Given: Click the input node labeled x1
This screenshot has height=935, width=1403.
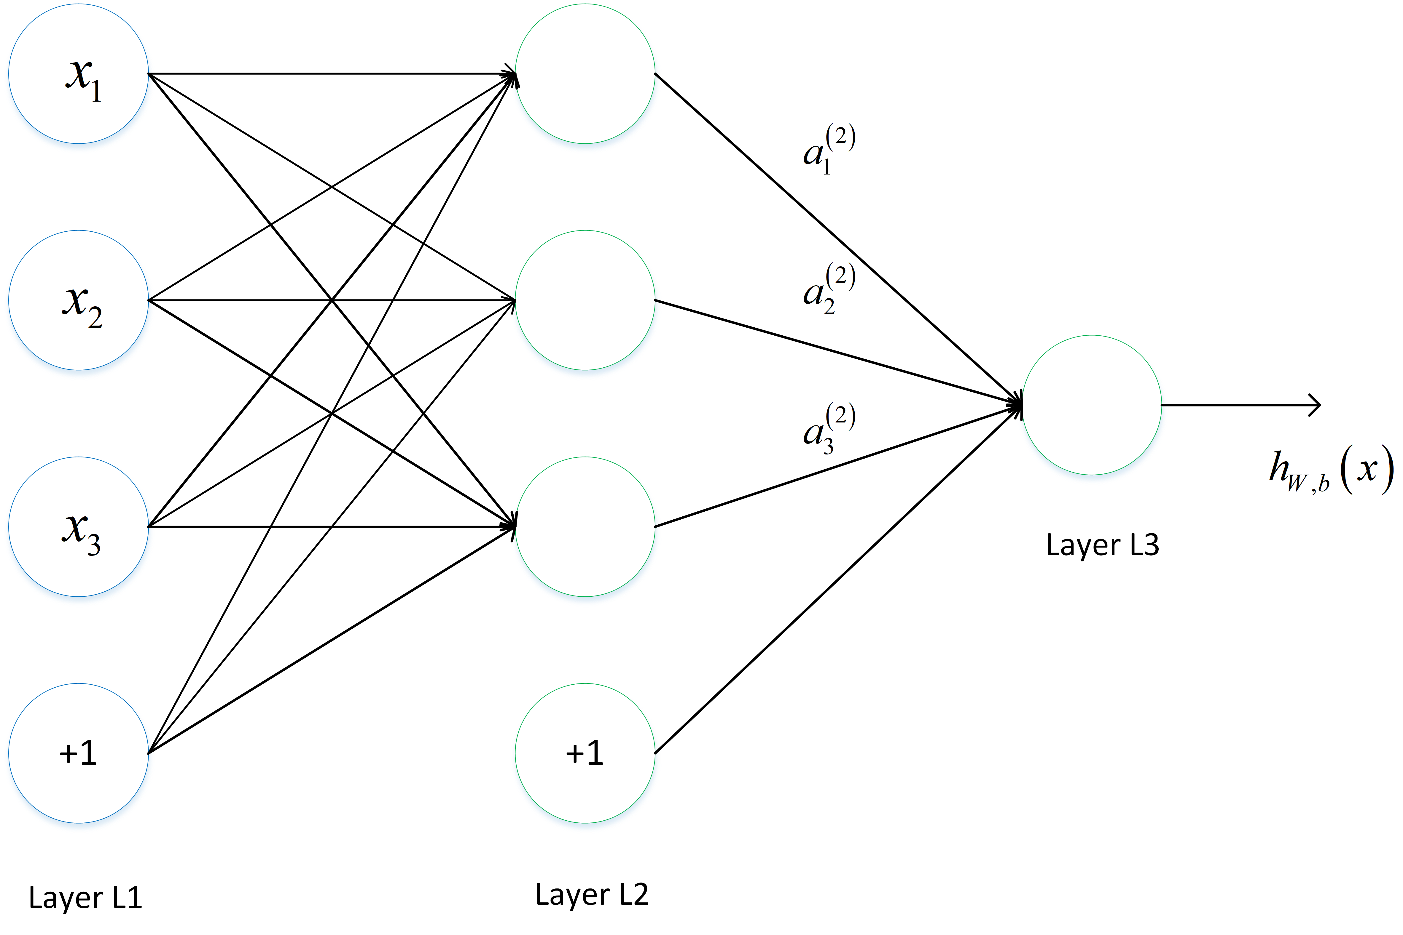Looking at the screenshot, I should [x=78, y=74].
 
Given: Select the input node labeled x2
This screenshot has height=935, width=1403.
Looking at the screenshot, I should [x=78, y=300].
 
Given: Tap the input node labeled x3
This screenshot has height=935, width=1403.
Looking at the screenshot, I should [x=78, y=526].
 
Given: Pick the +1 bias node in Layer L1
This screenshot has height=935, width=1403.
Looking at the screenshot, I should [x=78, y=753].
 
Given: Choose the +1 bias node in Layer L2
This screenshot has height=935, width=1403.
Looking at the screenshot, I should [x=585, y=753].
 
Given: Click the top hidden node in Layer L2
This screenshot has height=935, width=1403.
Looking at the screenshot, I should [x=585, y=74].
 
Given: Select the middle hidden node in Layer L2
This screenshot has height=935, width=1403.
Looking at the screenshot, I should [x=585, y=300].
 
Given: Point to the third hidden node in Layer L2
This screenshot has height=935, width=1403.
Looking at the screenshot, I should [x=585, y=526].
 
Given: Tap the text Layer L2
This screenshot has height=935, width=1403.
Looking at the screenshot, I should [x=591, y=894].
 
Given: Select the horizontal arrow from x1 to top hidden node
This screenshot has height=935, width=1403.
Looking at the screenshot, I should [x=328, y=74].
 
